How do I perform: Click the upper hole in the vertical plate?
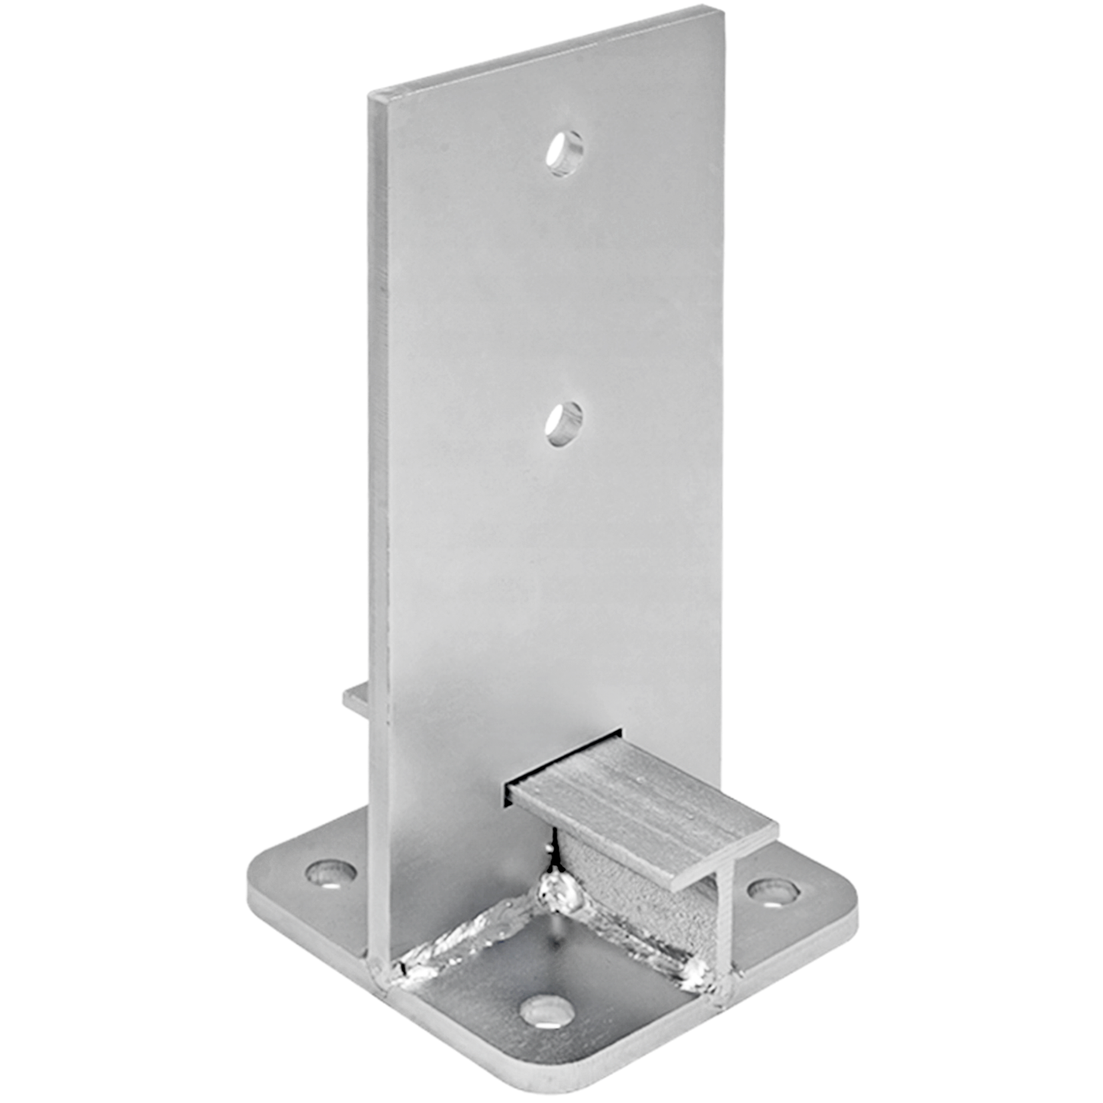(x=564, y=153)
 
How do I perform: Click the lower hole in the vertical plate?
(x=563, y=423)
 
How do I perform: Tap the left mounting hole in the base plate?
(x=331, y=873)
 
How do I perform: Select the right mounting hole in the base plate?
(x=772, y=891)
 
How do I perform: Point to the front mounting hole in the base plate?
(x=547, y=1013)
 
